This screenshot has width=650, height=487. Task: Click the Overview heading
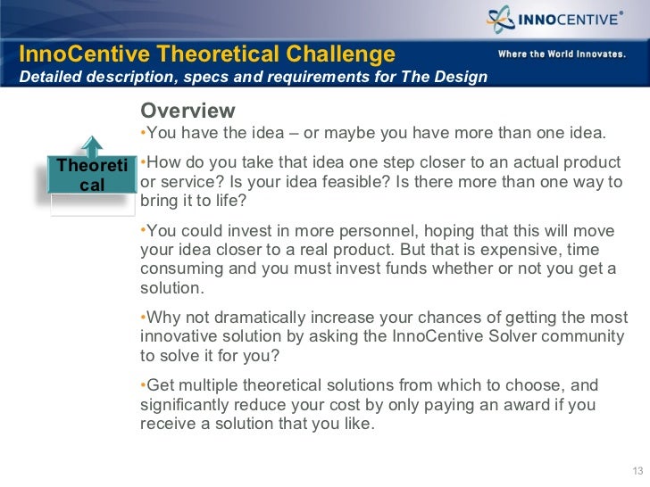pyautogui.click(x=187, y=111)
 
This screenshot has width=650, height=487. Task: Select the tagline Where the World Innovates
pyautogui.click(x=561, y=54)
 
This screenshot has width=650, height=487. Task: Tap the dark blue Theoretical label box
pyautogui.click(x=92, y=175)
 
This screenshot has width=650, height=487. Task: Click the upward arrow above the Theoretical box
pyautogui.click(x=92, y=147)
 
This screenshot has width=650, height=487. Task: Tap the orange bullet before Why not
pyautogui.click(x=144, y=318)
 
